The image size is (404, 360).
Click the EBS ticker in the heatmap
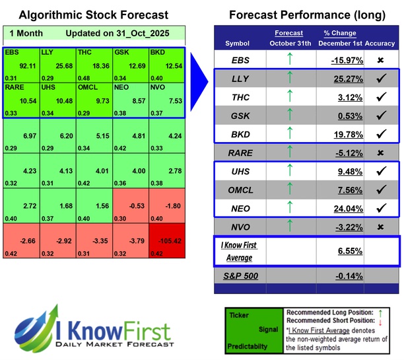click(x=12, y=52)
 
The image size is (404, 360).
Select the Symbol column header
click(x=238, y=44)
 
